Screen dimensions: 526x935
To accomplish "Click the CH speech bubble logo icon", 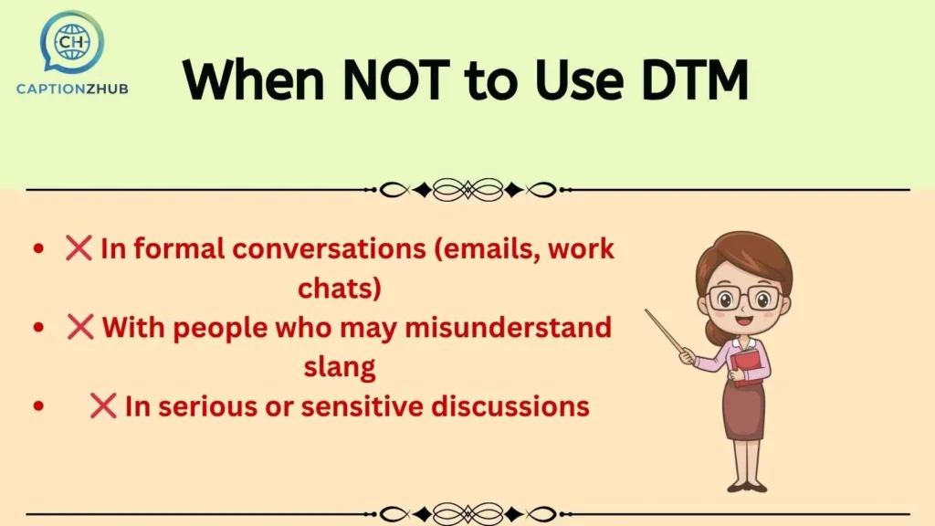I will (x=71, y=41).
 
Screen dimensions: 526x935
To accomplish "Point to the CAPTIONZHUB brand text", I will (x=72, y=89).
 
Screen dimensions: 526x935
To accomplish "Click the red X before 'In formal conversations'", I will (x=79, y=247).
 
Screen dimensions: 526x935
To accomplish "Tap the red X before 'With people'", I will (x=80, y=326).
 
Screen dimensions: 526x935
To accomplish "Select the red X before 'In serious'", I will (x=103, y=405).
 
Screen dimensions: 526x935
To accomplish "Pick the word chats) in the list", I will (x=339, y=288).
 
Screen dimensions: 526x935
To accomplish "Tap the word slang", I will (x=339, y=366).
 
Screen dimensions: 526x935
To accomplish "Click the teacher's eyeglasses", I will (x=743, y=298).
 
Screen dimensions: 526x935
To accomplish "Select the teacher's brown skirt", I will (x=744, y=411).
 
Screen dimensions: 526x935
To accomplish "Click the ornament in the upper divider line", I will (x=467, y=190).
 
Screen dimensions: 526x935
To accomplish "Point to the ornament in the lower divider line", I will (x=467, y=513).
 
